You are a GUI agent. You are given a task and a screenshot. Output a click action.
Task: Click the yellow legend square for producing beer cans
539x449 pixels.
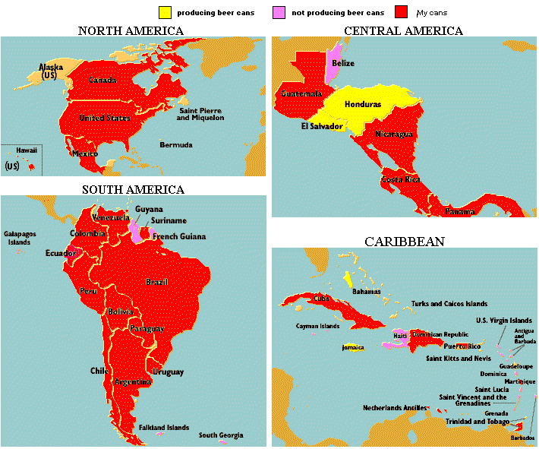coord(165,13)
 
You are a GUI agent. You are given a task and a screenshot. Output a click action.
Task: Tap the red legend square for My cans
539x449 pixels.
coord(402,13)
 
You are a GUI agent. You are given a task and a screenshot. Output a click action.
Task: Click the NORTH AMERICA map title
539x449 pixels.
coord(131,30)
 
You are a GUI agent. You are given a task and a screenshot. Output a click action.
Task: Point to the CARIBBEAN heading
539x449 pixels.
coord(404,241)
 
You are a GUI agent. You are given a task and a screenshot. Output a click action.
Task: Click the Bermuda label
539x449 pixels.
coord(176,144)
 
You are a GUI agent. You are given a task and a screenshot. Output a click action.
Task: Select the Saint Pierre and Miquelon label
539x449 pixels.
coord(200,114)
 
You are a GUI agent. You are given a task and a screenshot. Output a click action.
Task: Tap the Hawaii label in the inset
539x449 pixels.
coord(27,150)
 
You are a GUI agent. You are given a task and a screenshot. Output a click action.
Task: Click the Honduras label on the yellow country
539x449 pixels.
coord(363,104)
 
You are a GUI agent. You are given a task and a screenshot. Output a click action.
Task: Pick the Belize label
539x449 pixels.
coord(343,63)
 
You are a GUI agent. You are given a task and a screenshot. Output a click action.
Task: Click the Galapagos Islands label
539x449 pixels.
coord(20,237)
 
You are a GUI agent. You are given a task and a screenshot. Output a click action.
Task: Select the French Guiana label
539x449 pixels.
coord(179,236)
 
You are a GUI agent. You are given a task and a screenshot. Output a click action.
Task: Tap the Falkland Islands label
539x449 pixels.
coord(164,428)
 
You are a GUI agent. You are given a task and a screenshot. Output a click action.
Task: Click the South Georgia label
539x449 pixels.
coord(221,435)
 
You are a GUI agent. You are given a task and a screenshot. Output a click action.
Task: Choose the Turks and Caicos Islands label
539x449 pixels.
coord(449,303)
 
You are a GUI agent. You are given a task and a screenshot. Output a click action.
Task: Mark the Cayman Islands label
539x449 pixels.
coord(318,326)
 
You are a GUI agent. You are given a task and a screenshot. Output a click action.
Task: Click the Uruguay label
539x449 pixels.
coord(168,372)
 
